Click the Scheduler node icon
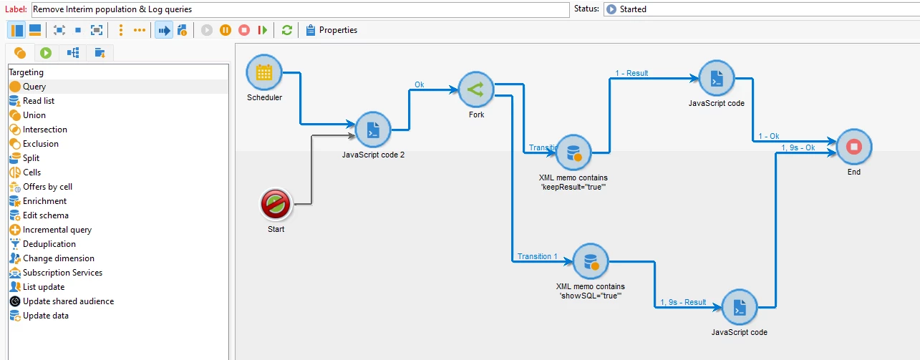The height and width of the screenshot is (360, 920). click(264, 72)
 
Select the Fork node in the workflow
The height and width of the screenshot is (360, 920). click(476, 89)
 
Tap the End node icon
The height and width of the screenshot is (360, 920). click(853, 147)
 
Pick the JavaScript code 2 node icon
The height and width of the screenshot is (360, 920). click(372, 130)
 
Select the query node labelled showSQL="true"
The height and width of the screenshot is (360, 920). click(591, 261)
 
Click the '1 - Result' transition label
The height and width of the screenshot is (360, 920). click(631, 73)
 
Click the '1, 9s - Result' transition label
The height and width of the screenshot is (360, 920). click(683, 302)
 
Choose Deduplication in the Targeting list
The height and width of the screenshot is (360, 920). click(49, 244)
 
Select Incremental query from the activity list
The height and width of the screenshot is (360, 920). click(57, 230)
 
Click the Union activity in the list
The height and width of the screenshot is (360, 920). click(34, 115)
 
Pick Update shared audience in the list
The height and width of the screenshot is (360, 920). click(68, 301)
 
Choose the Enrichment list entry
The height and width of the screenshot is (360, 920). click(44, 201)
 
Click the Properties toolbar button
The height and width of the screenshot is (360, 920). click(331, 30)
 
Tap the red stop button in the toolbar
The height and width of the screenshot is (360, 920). click(244, 30)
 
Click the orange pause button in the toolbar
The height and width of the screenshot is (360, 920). click(226, 30)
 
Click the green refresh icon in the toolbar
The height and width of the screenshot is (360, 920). click(287, 30)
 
